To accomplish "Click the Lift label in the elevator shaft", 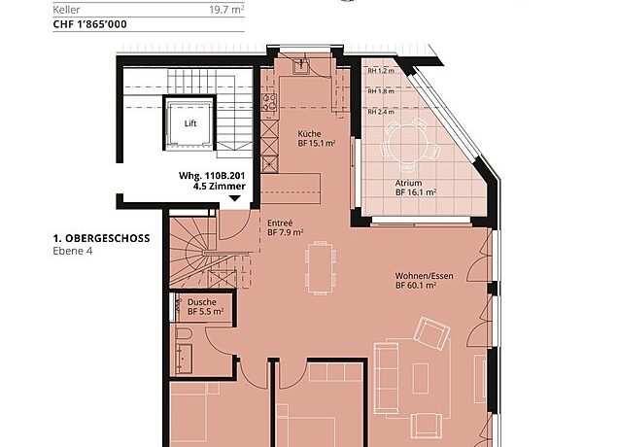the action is [x=190, y=123].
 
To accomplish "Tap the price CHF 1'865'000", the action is [x=89, y=24].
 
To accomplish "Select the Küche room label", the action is [x=309, y=134].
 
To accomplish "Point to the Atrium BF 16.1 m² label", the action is [x=416, y=188].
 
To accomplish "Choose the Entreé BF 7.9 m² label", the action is [x=285, y=227].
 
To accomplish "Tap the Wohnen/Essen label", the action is [x=424, y=276].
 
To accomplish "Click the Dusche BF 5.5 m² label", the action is [x=205, y=307].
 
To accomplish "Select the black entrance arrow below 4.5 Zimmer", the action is [x=234, y=198].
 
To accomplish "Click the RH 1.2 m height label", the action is [x=381, y=71].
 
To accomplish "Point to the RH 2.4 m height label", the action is [x=381, y=112].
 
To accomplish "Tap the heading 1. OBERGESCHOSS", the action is [x=102, y=238].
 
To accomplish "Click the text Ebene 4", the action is [x=73, y=251].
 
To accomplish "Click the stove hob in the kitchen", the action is [x=270, y=102].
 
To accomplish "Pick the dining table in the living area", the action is [x=322, y=267].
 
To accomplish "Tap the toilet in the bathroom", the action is [x=184, y=334].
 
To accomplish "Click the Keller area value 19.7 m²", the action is [x=226, y=10].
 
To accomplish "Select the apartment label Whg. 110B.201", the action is [x=212, y=176].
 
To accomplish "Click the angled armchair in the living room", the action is [x=432, y=332].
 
